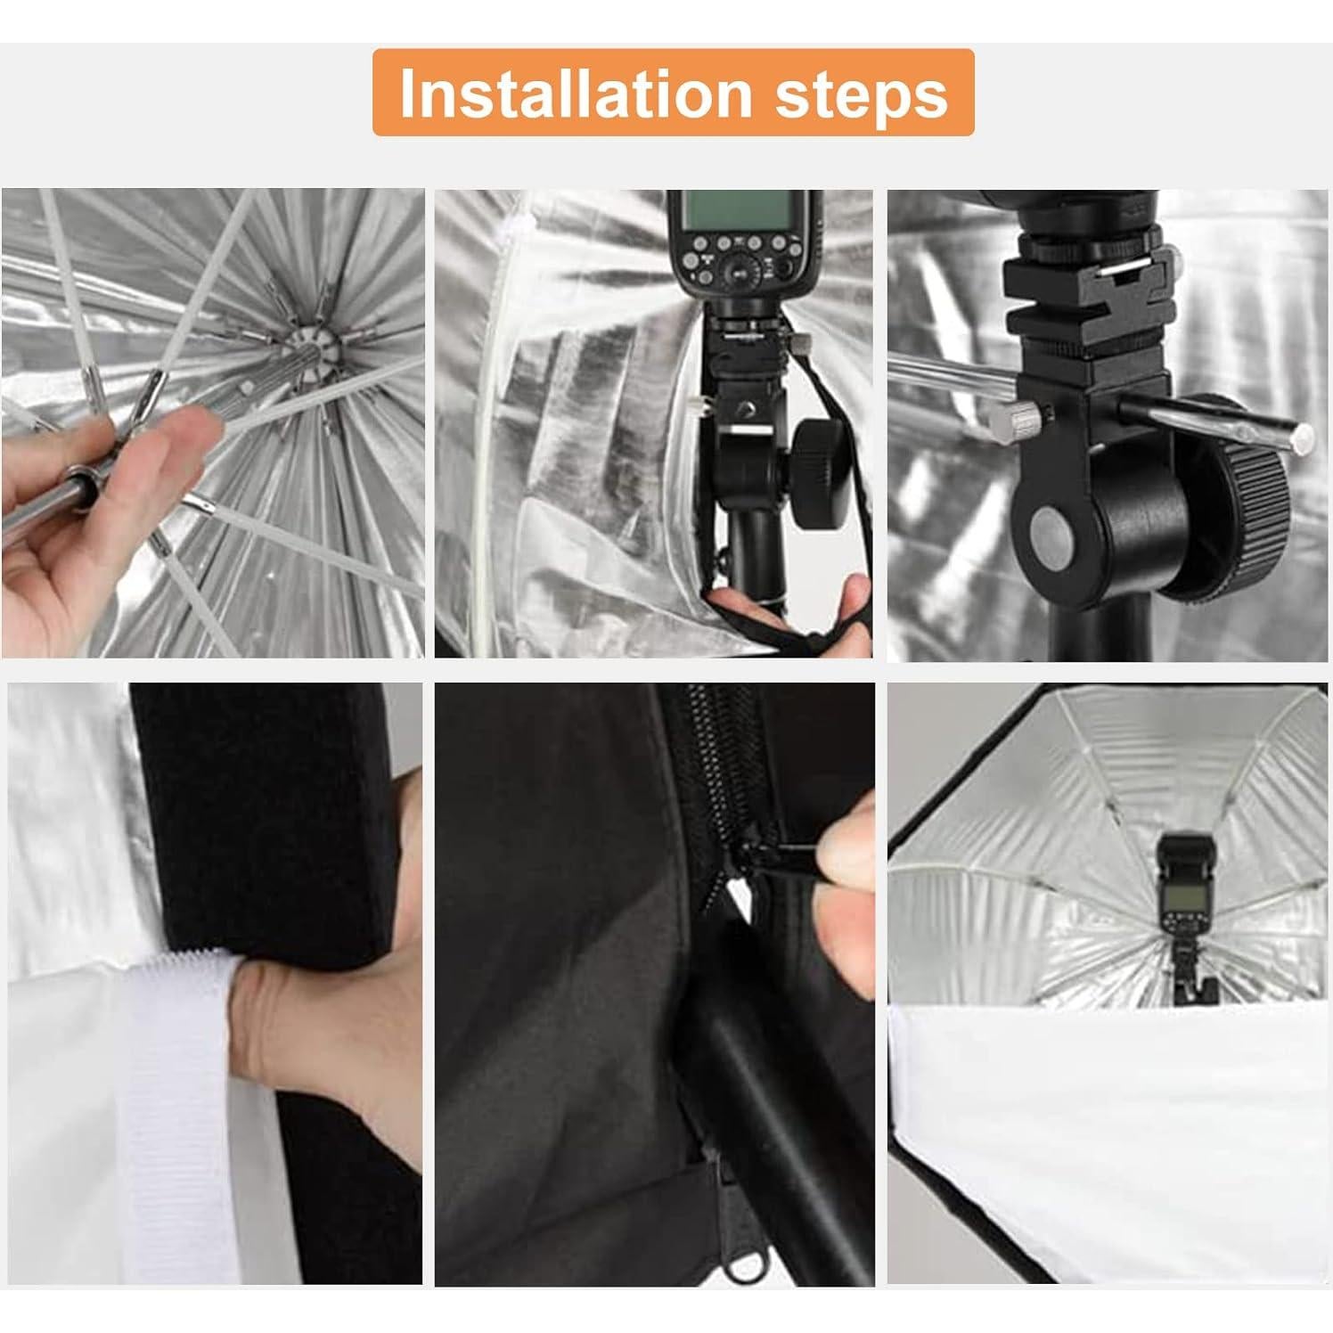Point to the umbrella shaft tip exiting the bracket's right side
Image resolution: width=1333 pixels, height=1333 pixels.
[1302, 437]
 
